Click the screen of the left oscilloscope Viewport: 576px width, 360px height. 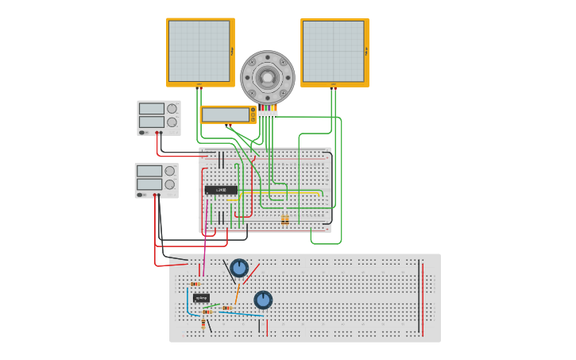(x=199, y=51)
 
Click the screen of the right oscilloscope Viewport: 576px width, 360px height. (x=333, y=51)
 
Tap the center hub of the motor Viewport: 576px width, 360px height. (x=268, y=77)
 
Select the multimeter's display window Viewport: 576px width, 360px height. (x=226, y=115)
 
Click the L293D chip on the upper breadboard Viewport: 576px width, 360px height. (x=221, y=190)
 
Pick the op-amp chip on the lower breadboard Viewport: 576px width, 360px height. (x=201, y=298)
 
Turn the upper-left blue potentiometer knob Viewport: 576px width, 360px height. (x=239, y=268)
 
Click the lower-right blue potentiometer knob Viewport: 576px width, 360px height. (x=263, y=300)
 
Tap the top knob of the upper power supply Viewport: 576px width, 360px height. (x=172, y=109)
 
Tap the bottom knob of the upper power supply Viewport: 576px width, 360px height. (x=172, y=122)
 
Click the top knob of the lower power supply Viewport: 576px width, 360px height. (x=169, y=171)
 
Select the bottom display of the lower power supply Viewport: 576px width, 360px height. (x=149, y=184)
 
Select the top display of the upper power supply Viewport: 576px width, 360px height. (x=152, y=109)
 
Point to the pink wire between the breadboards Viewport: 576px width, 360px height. (x=206, y=238)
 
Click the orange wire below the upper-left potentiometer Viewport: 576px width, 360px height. (x=237, y=294)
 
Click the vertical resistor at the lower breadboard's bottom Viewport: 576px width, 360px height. (x=203, y=324)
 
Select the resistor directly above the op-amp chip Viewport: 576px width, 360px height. (x=195, y=284)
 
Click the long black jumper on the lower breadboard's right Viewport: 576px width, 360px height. (x=419, y=296)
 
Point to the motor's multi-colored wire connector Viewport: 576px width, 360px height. (x=268, y=111)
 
